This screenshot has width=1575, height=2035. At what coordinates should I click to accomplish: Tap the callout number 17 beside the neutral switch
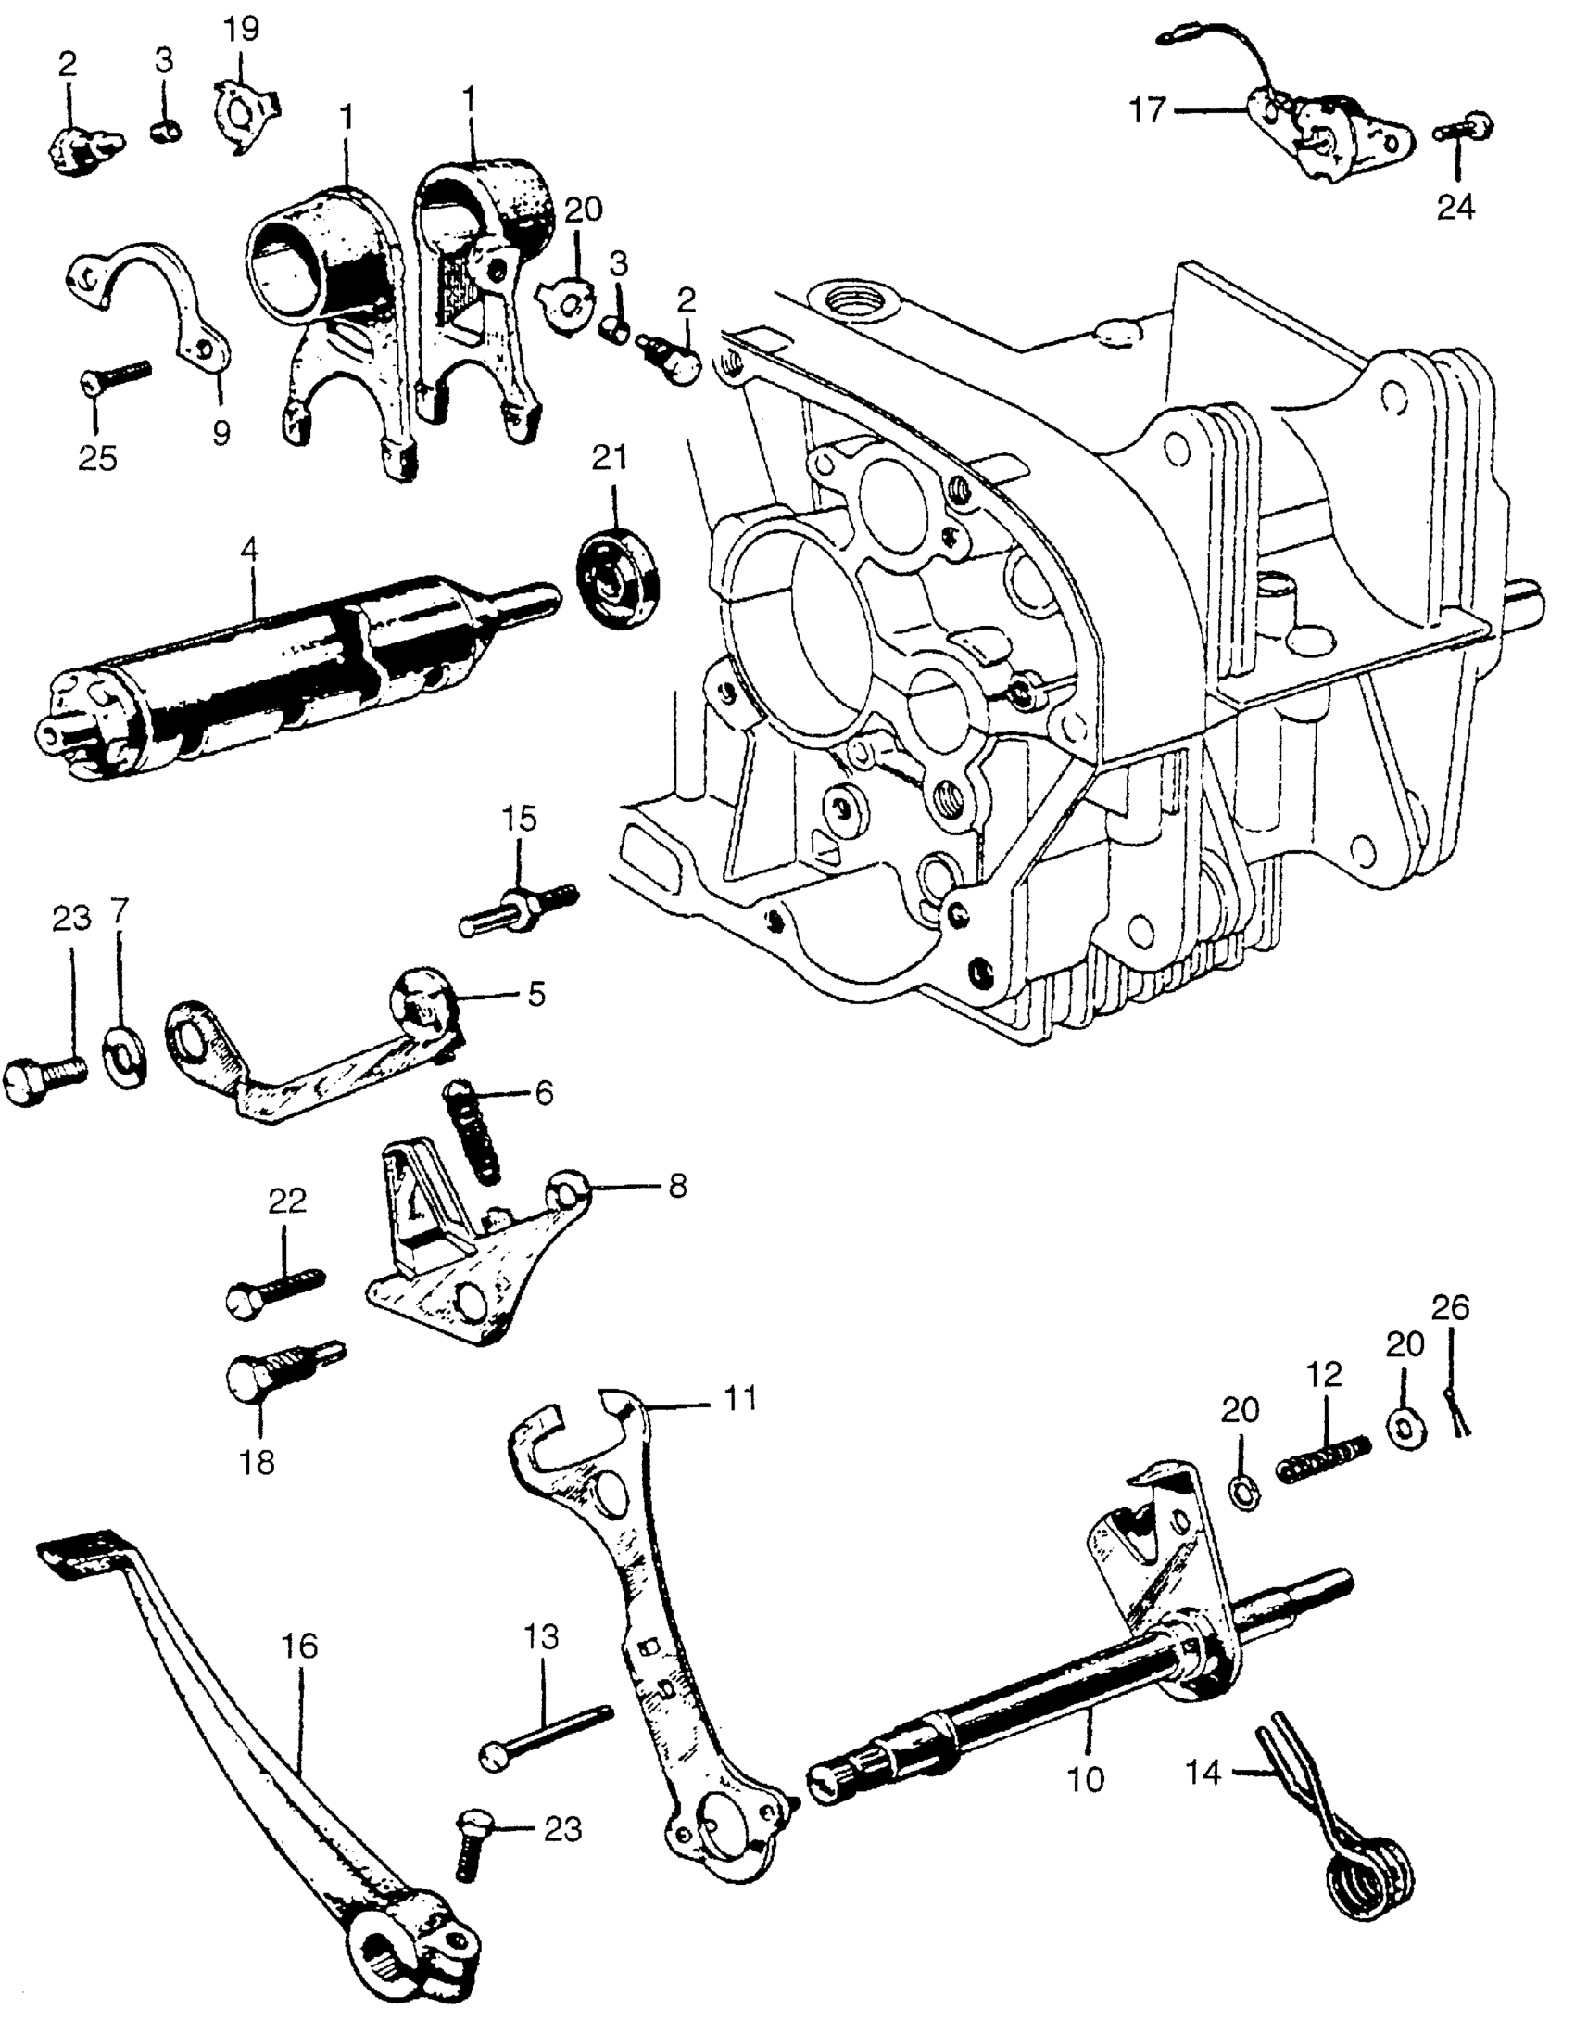click(1147, 110)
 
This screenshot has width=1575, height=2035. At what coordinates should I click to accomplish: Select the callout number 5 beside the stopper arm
click(535, 994)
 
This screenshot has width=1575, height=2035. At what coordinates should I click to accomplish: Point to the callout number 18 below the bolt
click(258, 1461)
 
